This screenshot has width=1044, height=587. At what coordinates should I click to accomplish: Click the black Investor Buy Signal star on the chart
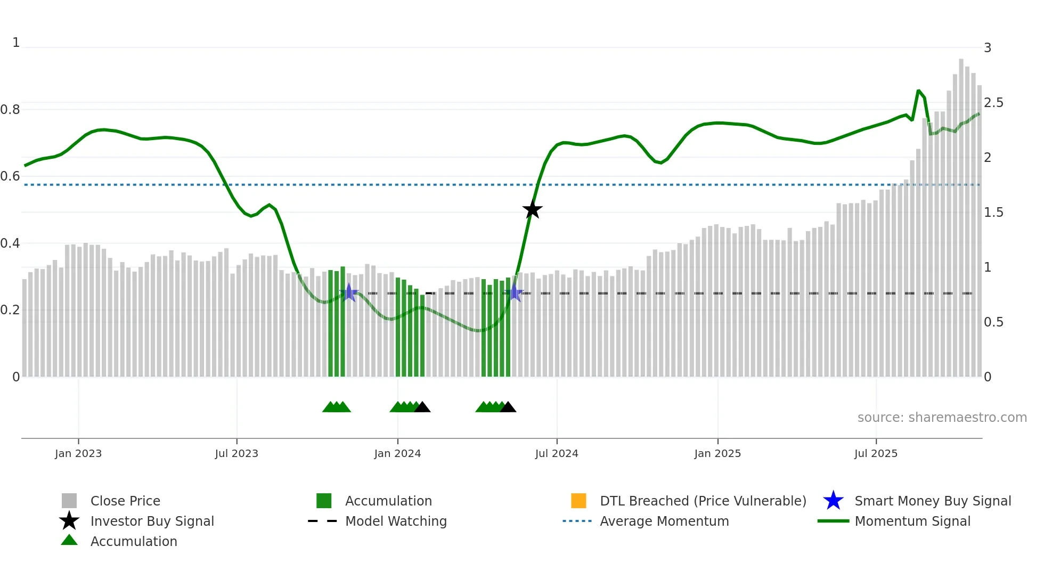(x=532, y=209)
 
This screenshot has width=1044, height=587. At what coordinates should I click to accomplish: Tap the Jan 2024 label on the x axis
(x=397, y=453)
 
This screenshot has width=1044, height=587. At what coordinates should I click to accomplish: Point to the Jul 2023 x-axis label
(x=236, y=453)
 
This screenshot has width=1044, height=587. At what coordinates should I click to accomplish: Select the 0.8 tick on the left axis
(x=10, y=110)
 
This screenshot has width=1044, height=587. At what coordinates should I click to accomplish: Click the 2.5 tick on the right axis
(x=993, y=103)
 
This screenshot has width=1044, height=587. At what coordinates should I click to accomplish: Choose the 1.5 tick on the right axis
(x=993, y=213)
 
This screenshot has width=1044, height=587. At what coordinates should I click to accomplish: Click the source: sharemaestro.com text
(x=942, y=418)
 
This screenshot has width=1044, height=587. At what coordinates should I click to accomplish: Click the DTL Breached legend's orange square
(x=578, y=501)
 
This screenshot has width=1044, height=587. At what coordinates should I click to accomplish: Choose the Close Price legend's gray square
(x=69, y=501)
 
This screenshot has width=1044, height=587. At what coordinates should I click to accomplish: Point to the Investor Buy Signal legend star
(x=69, y=521)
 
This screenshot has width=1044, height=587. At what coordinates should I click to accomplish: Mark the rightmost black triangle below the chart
(x=508, y=407)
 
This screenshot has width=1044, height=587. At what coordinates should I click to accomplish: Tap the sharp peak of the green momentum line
(x=918, y=91)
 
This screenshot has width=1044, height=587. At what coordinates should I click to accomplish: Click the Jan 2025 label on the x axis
(x=717, y=453)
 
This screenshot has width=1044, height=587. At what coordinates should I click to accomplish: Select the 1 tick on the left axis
(x=16, y=43)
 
